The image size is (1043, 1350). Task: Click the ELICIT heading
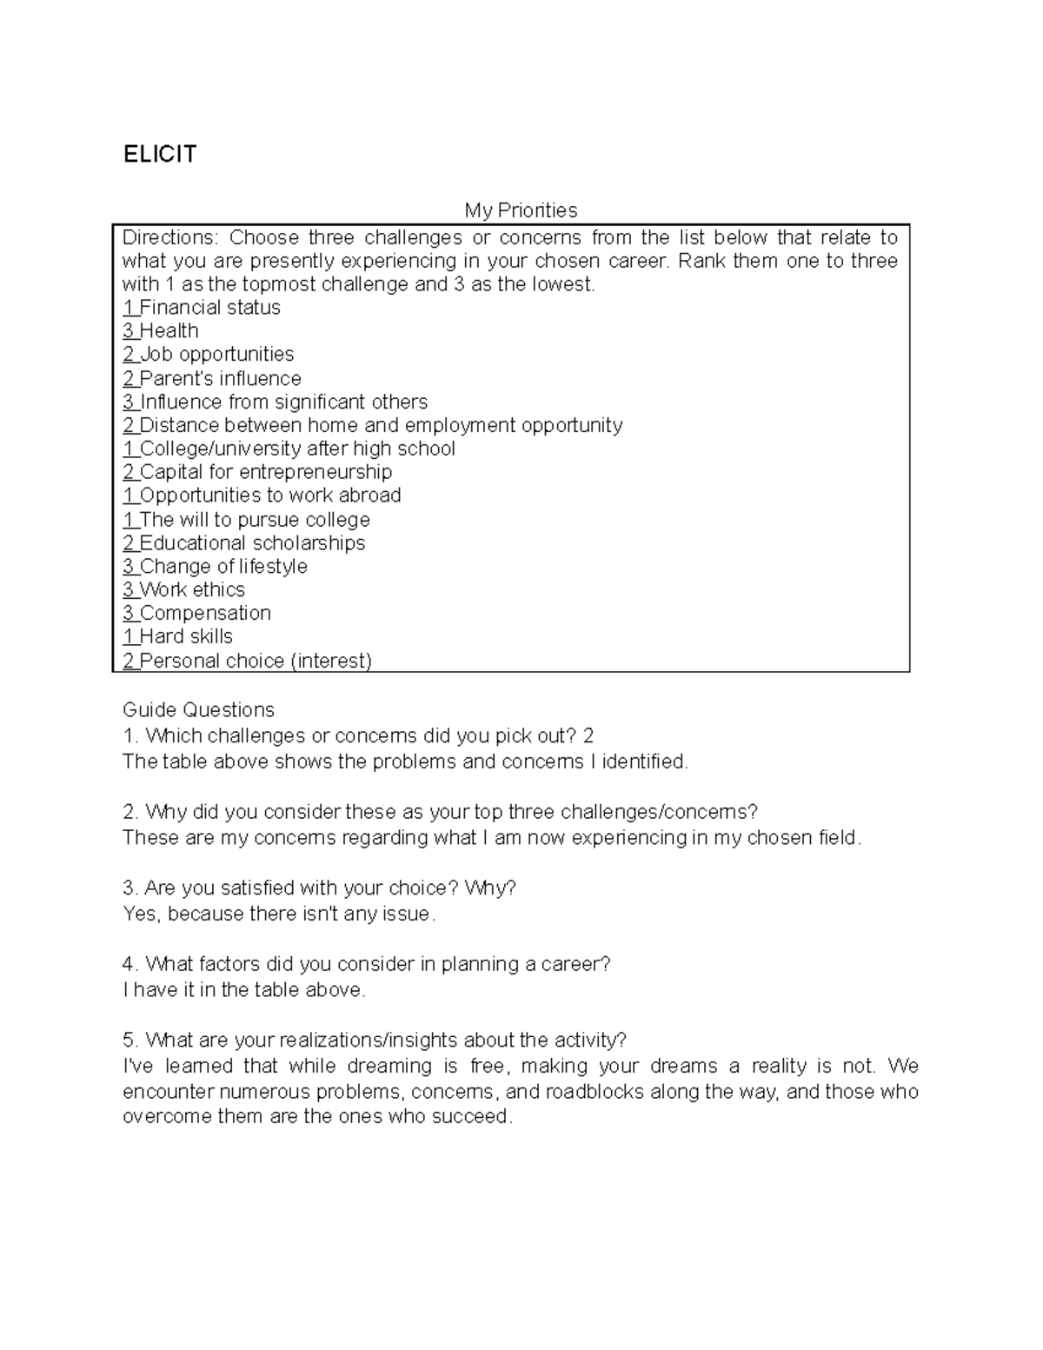pyautogui.click(x=160, y=155)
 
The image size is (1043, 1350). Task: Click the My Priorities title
pyautogui.click(x=521, y=210)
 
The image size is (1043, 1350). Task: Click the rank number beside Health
pyautogui.click(x=129, y=331)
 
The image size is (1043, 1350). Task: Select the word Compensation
pyautogui.click(x=205, y=614)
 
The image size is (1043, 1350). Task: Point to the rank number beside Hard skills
pyautogui.click(x=128, y=637)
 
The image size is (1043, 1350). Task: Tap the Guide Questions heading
pyautogui.click(x=198, y=710)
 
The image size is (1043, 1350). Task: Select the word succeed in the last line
pyautogui.click(x=475, y=1117)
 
